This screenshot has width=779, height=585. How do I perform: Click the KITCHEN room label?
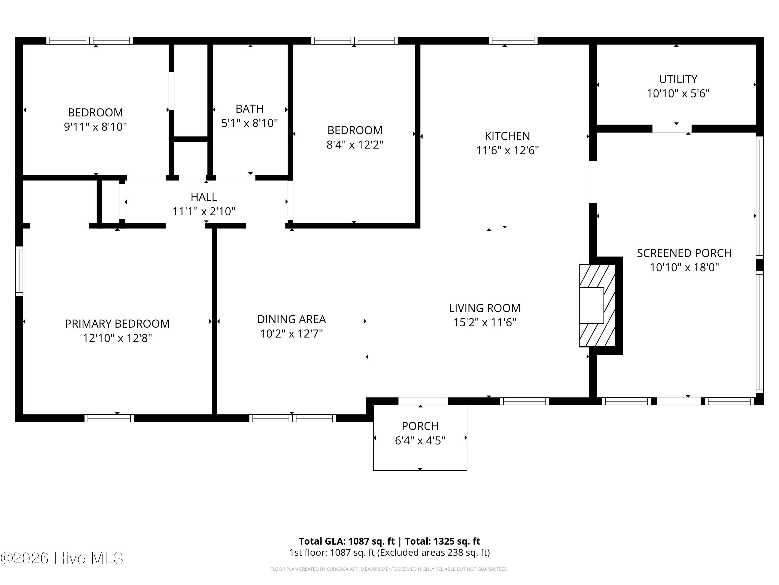tap(507, 136)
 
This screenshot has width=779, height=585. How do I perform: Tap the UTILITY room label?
tap(678, 79)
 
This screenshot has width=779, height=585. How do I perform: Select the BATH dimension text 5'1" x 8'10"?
tap(249, 123)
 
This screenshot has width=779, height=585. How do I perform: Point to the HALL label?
tap(204, 197)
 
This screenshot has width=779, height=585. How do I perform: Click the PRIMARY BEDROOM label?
tap(117, 324)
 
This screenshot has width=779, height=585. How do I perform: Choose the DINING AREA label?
tap(291, 319)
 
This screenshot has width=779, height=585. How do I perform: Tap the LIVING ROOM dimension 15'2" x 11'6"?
tap(485, 322)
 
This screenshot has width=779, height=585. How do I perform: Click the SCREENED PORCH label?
tap(684, 253)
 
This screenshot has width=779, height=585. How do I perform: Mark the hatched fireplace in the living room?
tap(597, 305)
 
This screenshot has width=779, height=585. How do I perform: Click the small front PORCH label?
tap(420, 426)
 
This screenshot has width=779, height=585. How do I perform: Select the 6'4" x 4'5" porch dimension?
tap(420, 440)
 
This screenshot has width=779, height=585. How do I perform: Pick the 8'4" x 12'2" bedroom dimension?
tap(355, 145)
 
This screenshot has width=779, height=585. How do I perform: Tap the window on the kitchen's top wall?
tap(513, 41)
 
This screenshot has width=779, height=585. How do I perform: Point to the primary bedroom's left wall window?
tap(19, 271)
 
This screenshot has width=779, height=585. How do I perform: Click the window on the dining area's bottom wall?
tap(292, 418)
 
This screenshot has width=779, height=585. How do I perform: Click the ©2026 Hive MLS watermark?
tap(62, 558)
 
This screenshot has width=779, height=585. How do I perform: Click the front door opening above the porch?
tap(423, 401)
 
